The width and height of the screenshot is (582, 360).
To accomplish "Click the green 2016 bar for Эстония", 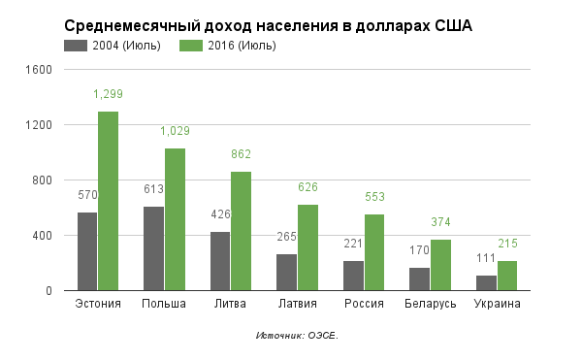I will [x=108, y=201].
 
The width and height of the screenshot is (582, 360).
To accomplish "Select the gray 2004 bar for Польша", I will [x=153, y=248].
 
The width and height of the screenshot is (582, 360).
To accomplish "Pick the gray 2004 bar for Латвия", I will [x=286, y=273].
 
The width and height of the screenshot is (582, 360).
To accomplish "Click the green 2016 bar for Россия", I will [x=373, y=252].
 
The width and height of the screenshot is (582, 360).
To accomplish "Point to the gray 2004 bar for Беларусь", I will [x=419, y=278].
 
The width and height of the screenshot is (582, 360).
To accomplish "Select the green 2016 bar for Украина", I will [x=506, y=276].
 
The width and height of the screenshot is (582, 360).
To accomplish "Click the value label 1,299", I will [x=108, y=94].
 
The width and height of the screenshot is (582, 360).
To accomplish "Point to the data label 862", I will [x=241, y=154].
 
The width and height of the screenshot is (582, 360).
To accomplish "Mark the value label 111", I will [x=486, y=258].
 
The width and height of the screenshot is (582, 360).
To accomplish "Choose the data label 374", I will [x=440, y=222].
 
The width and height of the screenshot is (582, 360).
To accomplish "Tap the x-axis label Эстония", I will [x=98, y=305].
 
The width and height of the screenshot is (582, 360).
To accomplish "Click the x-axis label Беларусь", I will [x=430, y=305].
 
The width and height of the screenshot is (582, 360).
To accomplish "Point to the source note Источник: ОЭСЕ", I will [x=297, y=336].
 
